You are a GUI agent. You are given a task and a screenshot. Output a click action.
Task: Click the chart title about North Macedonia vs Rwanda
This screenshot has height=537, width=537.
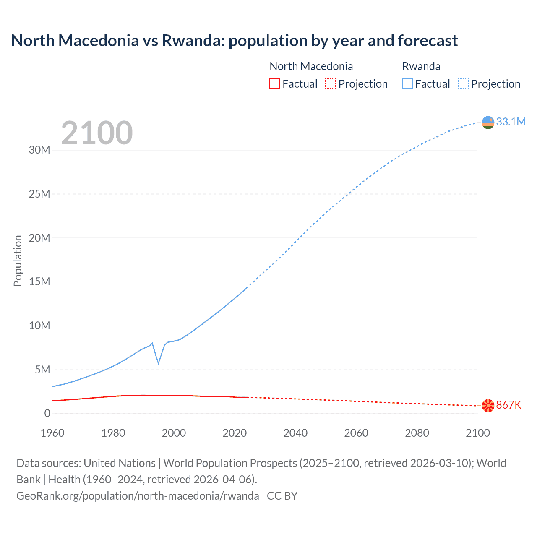click(x=234, y=41)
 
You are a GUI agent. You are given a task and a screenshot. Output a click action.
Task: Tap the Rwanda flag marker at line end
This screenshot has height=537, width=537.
click(x=488, y=123)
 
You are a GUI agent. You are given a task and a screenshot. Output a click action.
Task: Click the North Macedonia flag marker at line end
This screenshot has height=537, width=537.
click(x=488, y=406)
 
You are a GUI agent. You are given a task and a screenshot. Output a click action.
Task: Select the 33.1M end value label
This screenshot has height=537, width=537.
click(x=511, y=122)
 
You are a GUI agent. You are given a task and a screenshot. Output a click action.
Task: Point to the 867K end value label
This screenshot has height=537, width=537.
click(x=508, y=405)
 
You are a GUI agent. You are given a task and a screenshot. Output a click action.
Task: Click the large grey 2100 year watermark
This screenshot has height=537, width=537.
click(x=97, y=133)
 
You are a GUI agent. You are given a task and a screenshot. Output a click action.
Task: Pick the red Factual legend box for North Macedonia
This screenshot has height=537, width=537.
click(x=274, y=83)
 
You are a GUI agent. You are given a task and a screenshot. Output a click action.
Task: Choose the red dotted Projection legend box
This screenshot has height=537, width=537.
click(x=331, y=83)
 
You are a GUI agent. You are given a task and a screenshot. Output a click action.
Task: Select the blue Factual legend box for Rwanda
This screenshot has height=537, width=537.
click(x=407, y=83)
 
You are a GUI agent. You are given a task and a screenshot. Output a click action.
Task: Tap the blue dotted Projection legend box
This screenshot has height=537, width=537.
click(x=463, y=83)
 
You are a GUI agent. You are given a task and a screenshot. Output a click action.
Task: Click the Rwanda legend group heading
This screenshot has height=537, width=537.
click(x=421, y=66)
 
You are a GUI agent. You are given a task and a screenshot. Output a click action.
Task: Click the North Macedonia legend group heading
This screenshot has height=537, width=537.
click(x=311, y=66)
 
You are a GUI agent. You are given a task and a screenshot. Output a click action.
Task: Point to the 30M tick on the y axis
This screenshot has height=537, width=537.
click(x=39, y=150)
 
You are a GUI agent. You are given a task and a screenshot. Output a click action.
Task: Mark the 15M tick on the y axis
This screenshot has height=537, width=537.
click(x=39, y=282)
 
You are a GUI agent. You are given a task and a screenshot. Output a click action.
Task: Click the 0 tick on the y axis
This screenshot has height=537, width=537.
click(x=47, y=413)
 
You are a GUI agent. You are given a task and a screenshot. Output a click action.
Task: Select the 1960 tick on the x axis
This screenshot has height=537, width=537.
click(x=52, y=433)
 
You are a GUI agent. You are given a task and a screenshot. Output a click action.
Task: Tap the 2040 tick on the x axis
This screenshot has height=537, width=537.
click(x=295, y=433)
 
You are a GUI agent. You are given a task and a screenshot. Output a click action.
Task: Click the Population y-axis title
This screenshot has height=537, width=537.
click(x=18, y=261)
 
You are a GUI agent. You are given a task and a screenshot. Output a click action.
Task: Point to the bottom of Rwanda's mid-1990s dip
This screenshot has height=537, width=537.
click(x=158, y=363)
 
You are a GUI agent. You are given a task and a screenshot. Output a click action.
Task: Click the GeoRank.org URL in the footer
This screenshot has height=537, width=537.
click(x=138, y=496)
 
